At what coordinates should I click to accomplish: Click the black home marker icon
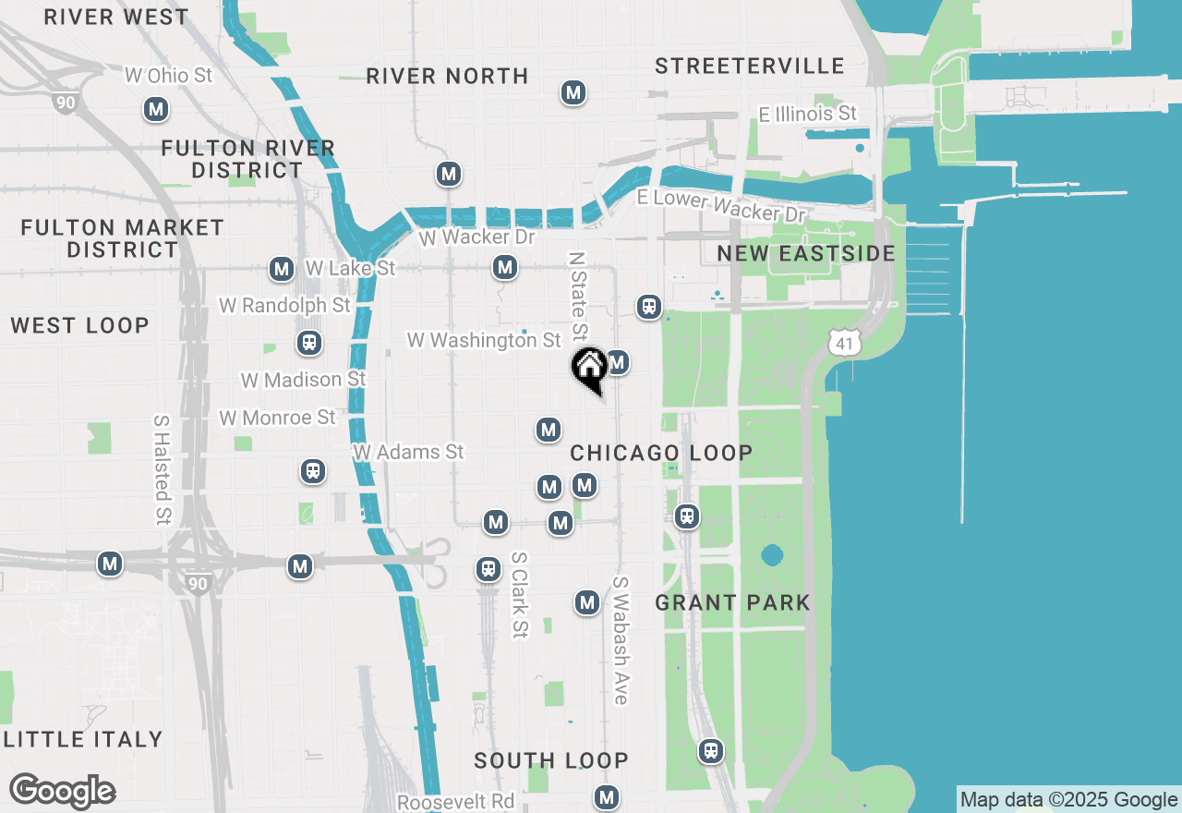click(589, 368)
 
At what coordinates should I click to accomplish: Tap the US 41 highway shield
click(845, 343)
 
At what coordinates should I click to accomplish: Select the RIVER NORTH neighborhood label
click(447, 76)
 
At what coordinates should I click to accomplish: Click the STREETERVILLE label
click(750, 66)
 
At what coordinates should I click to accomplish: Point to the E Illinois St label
click(807, 114)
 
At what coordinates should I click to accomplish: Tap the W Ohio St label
click(168, 75)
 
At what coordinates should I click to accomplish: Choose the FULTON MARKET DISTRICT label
click(122, 238)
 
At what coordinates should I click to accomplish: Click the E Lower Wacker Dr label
click(721, 205)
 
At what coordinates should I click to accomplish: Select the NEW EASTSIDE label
click(806, 253)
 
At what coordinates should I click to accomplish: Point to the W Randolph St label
click(284, 304)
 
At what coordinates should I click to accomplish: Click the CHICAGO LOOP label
click(661, 453)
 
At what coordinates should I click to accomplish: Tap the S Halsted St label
click(163, 469)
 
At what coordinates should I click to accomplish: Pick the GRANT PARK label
click(732, 602)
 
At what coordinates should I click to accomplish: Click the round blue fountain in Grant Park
click(772, 555)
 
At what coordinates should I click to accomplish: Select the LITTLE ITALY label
click(83, 739)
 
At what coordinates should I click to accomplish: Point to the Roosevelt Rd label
click(455, 801)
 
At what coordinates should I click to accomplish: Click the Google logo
click(62, 792)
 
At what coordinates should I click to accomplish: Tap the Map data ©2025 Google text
click(1068, 800)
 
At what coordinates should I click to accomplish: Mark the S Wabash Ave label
click(620, 641)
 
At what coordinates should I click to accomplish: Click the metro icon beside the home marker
click(618, 362)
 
